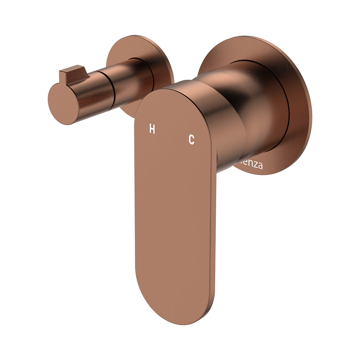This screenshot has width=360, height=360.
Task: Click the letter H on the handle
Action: (152, 129)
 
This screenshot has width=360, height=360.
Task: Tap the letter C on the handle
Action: (192, 139)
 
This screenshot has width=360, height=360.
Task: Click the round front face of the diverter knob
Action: (63, 104)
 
